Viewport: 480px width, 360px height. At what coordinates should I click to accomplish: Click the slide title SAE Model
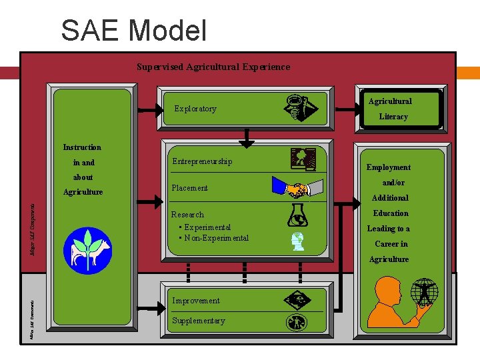(x=133, y=31)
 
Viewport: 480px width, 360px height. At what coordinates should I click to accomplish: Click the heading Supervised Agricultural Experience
(x=213, y=67)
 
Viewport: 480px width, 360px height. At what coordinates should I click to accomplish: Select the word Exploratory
(x=195, y=109)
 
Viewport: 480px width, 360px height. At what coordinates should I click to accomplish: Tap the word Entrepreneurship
(x=202, y=161)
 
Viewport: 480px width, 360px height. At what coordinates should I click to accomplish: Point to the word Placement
(x=190, y=188)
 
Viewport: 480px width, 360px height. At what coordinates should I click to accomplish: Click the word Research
(x=187, y=215)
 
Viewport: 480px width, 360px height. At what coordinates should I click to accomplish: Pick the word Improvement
(x=196, y=301)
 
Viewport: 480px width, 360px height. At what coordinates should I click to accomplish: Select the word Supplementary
(x=199, y=321)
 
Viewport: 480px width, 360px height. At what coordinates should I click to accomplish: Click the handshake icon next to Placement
(x=297, y=189)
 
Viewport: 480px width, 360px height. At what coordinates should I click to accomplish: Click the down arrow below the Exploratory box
(x=247, y=139)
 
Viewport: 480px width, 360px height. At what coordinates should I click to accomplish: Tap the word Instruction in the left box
(x=82, y=147)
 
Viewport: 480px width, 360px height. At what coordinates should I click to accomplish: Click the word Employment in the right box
(x=388, y=167)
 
